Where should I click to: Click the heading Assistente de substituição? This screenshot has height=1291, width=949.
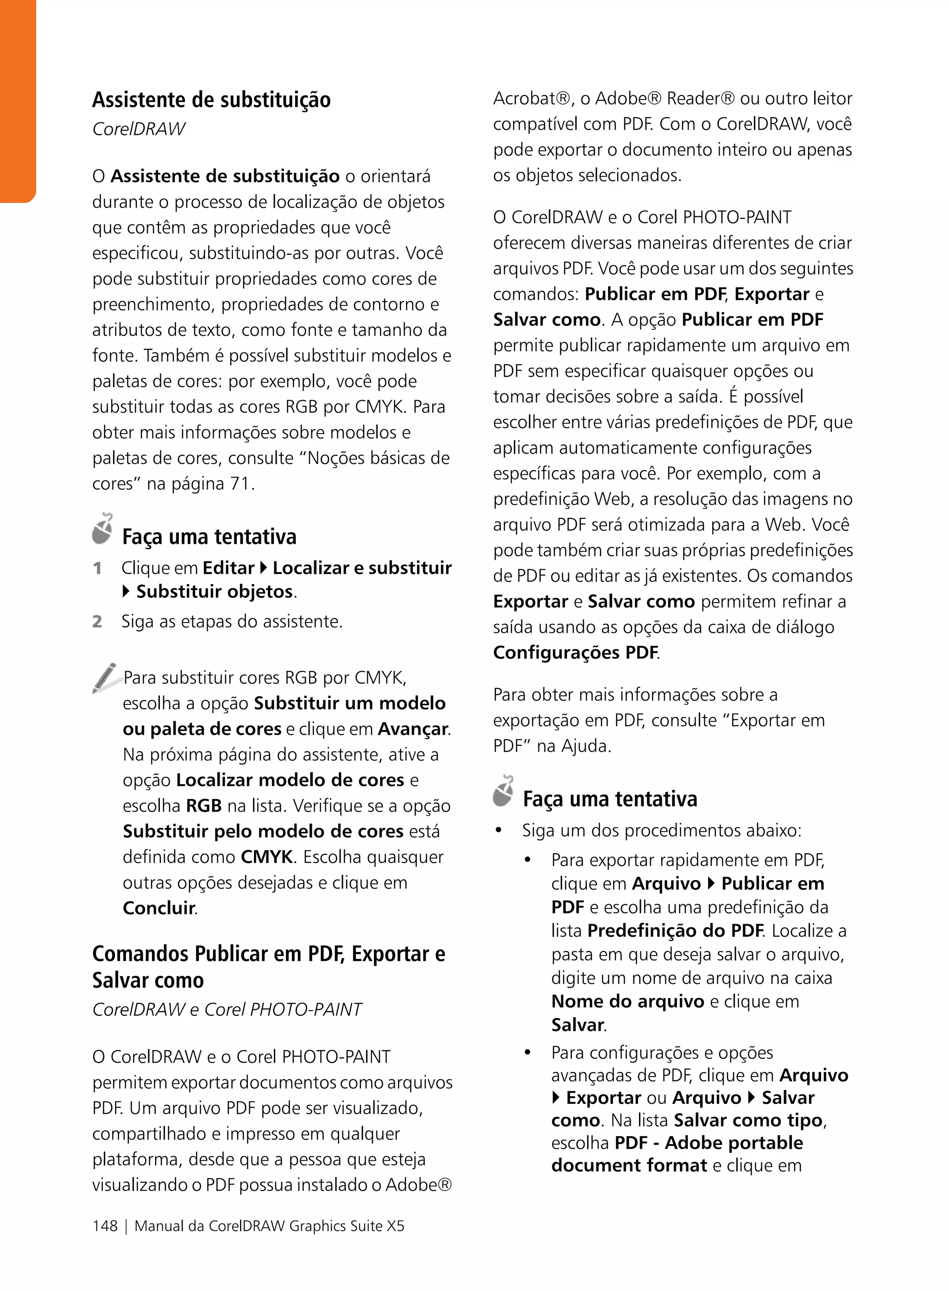point(211,100)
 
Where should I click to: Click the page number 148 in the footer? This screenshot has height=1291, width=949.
point(105,1226)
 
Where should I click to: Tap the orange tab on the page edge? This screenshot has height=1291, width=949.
point(17,101)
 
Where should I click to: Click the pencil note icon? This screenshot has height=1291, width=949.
point(105,678)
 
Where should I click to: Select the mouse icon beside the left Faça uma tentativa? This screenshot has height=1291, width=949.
point(103,529)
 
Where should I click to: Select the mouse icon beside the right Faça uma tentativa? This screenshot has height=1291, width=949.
point(503,791)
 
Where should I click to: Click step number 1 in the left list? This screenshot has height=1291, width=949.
point(98,568)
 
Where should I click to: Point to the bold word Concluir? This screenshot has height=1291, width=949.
point(159,908)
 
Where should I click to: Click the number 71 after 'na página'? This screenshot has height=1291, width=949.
point(240,484)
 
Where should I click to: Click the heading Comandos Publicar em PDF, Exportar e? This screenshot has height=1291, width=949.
point(268,954)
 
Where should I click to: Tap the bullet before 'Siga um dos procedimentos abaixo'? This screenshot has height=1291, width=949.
point(499,831)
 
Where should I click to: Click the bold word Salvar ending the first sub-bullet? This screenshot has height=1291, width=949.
point(577,1025)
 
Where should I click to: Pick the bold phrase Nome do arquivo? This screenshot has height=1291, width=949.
point(627,1001)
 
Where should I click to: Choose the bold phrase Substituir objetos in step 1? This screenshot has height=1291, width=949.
point(214,592)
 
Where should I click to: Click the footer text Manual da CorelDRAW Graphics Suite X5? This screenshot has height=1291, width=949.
point(269,1226)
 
